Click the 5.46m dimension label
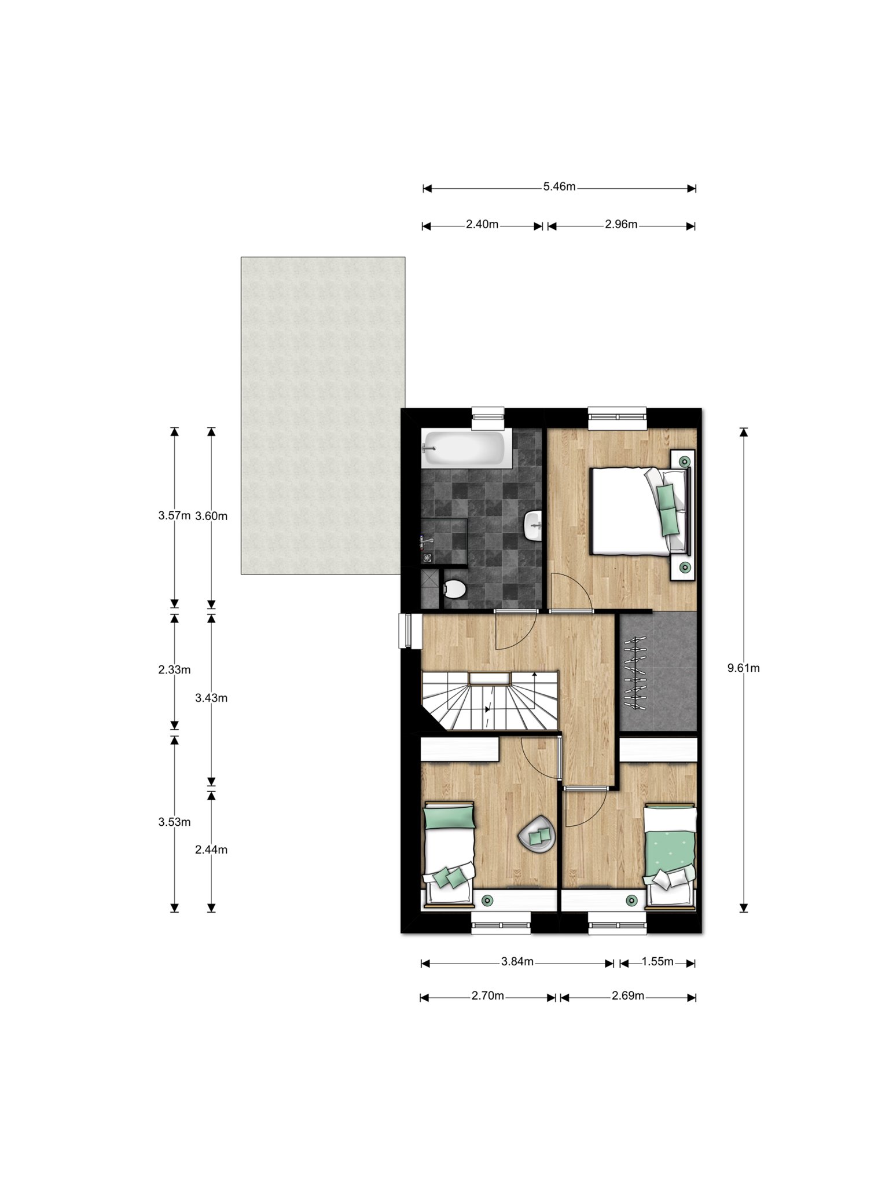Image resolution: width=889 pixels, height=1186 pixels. click(559, 187)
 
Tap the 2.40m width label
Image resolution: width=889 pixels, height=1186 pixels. click(482, 225)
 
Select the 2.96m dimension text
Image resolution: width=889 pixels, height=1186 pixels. click(621, 225)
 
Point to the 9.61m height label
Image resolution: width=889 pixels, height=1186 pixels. click(744, 668)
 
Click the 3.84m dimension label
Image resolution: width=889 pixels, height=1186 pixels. click(517, 962)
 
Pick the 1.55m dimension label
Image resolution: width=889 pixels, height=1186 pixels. click(657, 962)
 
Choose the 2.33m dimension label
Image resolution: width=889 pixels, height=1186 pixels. click(174, 670)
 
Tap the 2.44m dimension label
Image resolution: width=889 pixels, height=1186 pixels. click(211, 850)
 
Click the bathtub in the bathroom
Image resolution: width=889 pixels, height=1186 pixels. click(466, 448)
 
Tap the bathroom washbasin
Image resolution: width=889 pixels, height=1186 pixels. click(533, 526)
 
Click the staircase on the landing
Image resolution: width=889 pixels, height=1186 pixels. click(490, 701)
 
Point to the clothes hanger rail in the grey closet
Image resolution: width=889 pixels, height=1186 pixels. click(635, 673)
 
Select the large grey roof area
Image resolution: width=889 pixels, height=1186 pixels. click(323, 415)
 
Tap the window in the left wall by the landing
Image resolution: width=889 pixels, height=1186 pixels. click(406, 631)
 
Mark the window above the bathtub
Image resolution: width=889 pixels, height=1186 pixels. click(488, 418)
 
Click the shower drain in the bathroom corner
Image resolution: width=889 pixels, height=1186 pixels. click(428, 558)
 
